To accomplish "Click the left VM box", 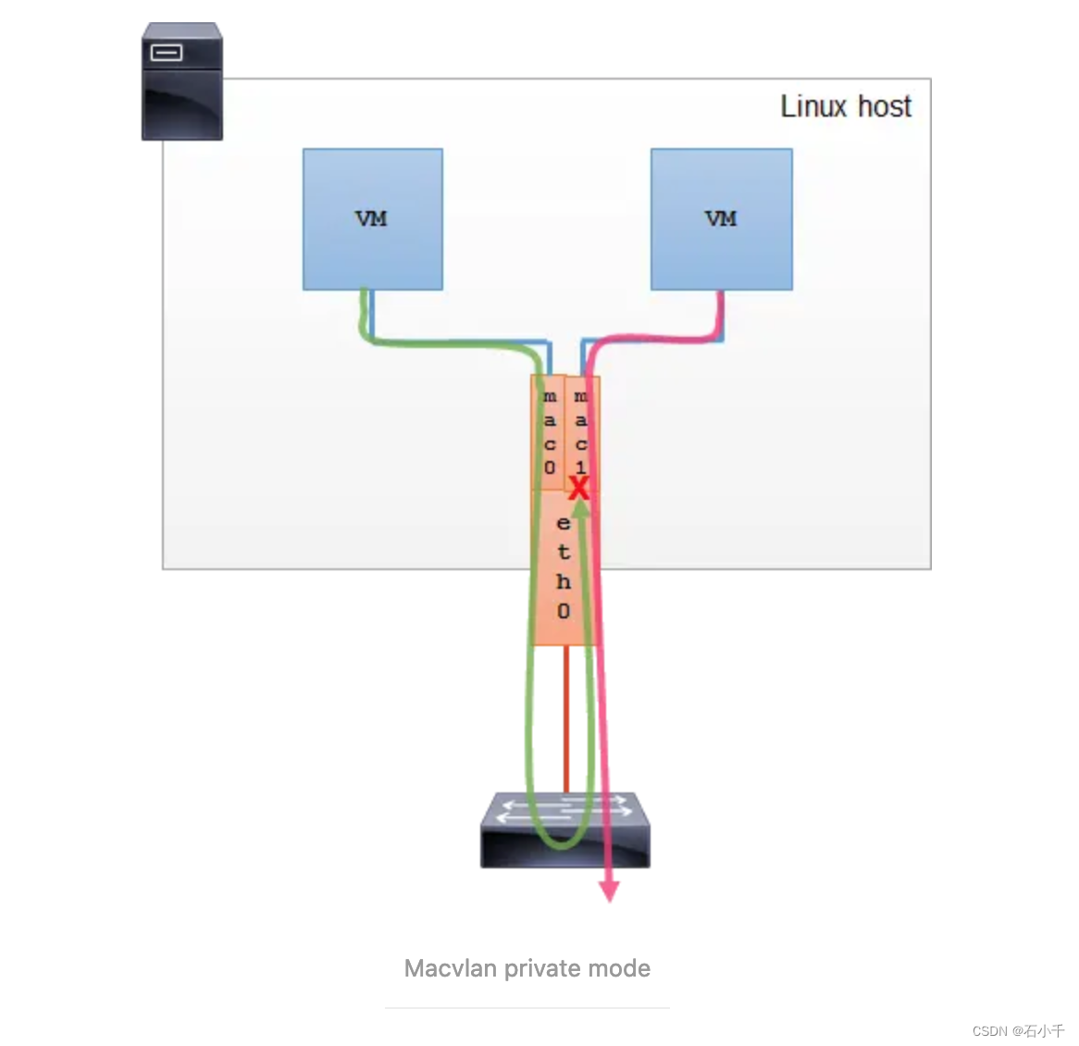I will [372, 219].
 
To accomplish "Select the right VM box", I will [721, 219].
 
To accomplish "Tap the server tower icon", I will [181, 81].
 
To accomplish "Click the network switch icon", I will [564, 830].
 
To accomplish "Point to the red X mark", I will [578, 488].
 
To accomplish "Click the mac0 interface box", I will [549, 432].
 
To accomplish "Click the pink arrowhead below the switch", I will [609, 890].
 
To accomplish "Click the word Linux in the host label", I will [813, 106].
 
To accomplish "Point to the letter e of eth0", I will [563, 523].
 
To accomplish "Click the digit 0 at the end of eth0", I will [563, 611].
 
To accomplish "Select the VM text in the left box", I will [371, 219].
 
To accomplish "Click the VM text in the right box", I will [721, 219].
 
